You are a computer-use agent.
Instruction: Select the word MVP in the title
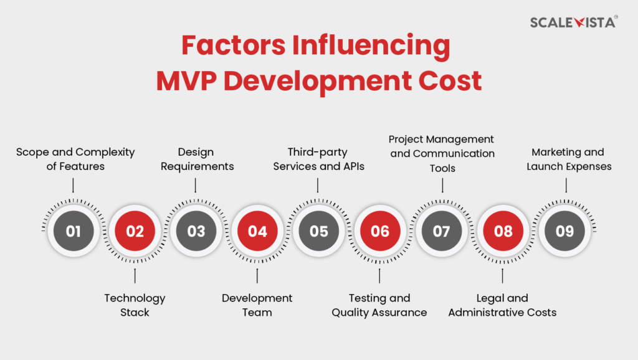[x=187, y=81]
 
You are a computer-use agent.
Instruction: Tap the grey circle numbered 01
[x=74, y=231]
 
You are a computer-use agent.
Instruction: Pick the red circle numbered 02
[x=135, y=231]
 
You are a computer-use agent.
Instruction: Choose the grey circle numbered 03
[x=196, y=231]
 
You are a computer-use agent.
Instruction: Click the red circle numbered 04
[x=257, y=231]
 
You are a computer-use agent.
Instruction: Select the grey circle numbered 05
[x=318, y=231]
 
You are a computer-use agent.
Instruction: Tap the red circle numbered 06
[x=379, y=231]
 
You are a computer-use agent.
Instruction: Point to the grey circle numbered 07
[x=441, y=231]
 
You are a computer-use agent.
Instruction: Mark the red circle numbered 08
[x=503, y=231]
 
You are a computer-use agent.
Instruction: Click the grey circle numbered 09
[x=564, y=231]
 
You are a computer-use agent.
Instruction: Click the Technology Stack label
[x=135, y=305]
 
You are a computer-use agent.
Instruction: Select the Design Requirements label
[x=196, y=159]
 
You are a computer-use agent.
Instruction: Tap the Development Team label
[x=257, y=305]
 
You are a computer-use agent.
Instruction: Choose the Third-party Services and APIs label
[x=318, y=159]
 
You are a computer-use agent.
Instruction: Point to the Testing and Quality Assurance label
[x=379, y=305]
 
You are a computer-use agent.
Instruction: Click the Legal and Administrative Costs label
[x=503, y=305]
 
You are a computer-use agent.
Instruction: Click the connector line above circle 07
[x=442, y=185]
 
